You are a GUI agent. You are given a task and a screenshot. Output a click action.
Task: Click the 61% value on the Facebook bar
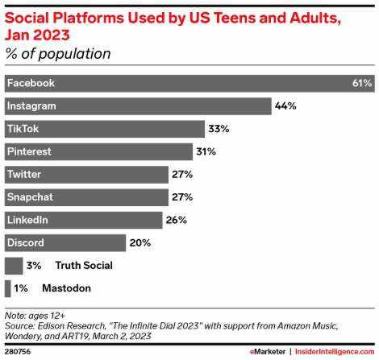[362, 83]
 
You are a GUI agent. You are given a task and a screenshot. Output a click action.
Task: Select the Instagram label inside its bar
[31, 106]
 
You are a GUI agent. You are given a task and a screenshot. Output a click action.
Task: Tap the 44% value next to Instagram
[285, 106]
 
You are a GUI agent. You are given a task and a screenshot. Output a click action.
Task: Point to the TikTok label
[23, 129]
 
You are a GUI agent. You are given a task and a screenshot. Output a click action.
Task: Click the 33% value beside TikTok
[219, 129]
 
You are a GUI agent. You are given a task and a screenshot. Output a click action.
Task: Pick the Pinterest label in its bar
[29, 151]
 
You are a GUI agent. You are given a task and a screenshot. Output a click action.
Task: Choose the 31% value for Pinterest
[206, 151]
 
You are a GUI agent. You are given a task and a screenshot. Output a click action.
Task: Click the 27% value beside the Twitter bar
[182, 175]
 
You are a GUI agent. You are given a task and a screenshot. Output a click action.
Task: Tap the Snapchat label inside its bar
[30, 197]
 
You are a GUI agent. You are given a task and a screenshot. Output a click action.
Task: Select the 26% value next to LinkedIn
[177, 220]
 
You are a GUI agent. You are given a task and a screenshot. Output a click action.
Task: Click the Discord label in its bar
[26, 243]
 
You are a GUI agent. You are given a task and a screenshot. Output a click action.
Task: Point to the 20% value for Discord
[140, 243]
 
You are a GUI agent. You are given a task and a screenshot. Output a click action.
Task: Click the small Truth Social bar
[14, 266]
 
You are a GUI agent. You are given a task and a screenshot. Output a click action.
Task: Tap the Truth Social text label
[84, 266]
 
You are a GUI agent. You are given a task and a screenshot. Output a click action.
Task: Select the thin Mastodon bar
[8, 288]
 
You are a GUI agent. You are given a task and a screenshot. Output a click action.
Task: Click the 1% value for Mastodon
[21, 288]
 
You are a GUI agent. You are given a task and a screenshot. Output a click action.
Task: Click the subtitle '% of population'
[58, 54]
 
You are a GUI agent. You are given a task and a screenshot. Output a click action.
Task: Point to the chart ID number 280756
[18, 352]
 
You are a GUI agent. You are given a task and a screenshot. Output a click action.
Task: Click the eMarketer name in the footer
[268, 352]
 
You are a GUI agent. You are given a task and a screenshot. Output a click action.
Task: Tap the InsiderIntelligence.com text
[335, 352]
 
